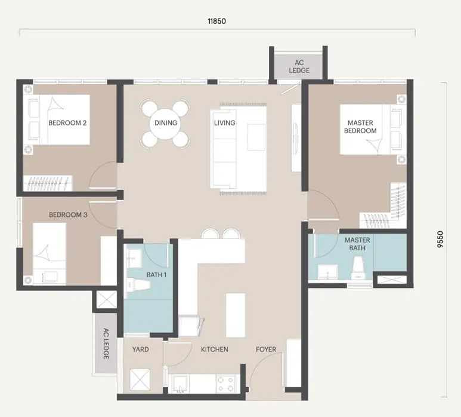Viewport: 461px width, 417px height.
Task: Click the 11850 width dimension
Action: click(216, 21)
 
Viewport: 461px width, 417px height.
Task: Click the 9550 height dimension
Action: click(440, 239)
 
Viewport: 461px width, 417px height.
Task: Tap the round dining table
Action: click(166, 124)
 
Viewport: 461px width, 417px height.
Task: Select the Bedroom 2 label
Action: click(67, 123)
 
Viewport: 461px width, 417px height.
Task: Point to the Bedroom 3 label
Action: click(68, 214)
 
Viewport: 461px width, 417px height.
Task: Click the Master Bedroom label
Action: click(360, 127)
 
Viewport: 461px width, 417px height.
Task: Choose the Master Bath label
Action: click(357, 244)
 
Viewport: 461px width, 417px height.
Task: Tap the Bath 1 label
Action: click(156, 275)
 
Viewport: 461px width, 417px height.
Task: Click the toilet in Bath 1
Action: click(138, 285)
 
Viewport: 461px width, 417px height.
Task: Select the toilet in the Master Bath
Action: click(358, 268)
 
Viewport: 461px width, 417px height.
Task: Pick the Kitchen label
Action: click(214, 349)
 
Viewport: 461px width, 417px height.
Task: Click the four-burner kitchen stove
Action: click(225, 384)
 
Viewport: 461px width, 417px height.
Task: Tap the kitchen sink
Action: click(180, 384)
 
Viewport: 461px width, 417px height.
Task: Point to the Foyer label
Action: click(266, 349)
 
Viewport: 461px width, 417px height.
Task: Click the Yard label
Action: click(140, 349)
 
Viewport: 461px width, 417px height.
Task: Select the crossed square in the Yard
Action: click(140, 379)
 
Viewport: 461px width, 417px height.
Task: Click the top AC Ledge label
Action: click(299, 66)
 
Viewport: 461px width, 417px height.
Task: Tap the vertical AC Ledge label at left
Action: click(106, 344)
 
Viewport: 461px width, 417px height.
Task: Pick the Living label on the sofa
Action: click(225, 123)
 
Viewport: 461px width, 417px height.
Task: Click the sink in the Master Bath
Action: click(327, 272)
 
